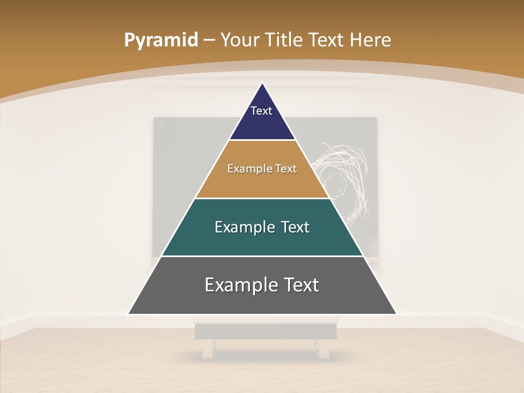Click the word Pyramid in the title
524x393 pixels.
coord(161,40)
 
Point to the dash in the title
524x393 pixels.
coord(209,40)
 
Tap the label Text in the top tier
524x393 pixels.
coord(261,111)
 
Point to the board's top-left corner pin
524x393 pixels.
coord(161,125)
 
